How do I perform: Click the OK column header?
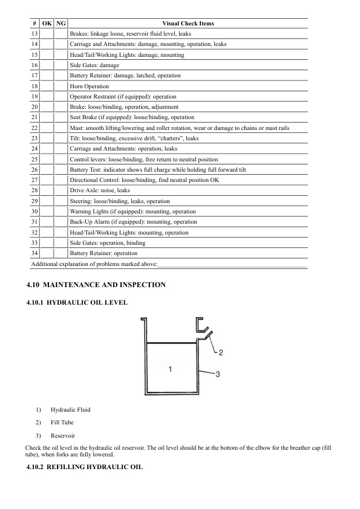click(47, 24)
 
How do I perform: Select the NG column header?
click(61, 24)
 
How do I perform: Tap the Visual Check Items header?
click(188, 24)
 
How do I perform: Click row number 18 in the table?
click(34, 86)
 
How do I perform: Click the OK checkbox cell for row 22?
click(47, 128)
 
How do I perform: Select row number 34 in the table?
click(34, 253)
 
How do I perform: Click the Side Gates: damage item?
click(94, 65)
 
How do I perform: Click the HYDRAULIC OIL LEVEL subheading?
click(87, 302)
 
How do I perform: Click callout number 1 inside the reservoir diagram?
click(170, 368)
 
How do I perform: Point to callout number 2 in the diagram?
click(221, 352)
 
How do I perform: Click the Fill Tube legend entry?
click(62, 422)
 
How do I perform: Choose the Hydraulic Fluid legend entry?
click(70, 409)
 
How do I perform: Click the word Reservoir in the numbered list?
click(63, 435)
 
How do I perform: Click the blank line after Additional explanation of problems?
click(233, 265)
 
